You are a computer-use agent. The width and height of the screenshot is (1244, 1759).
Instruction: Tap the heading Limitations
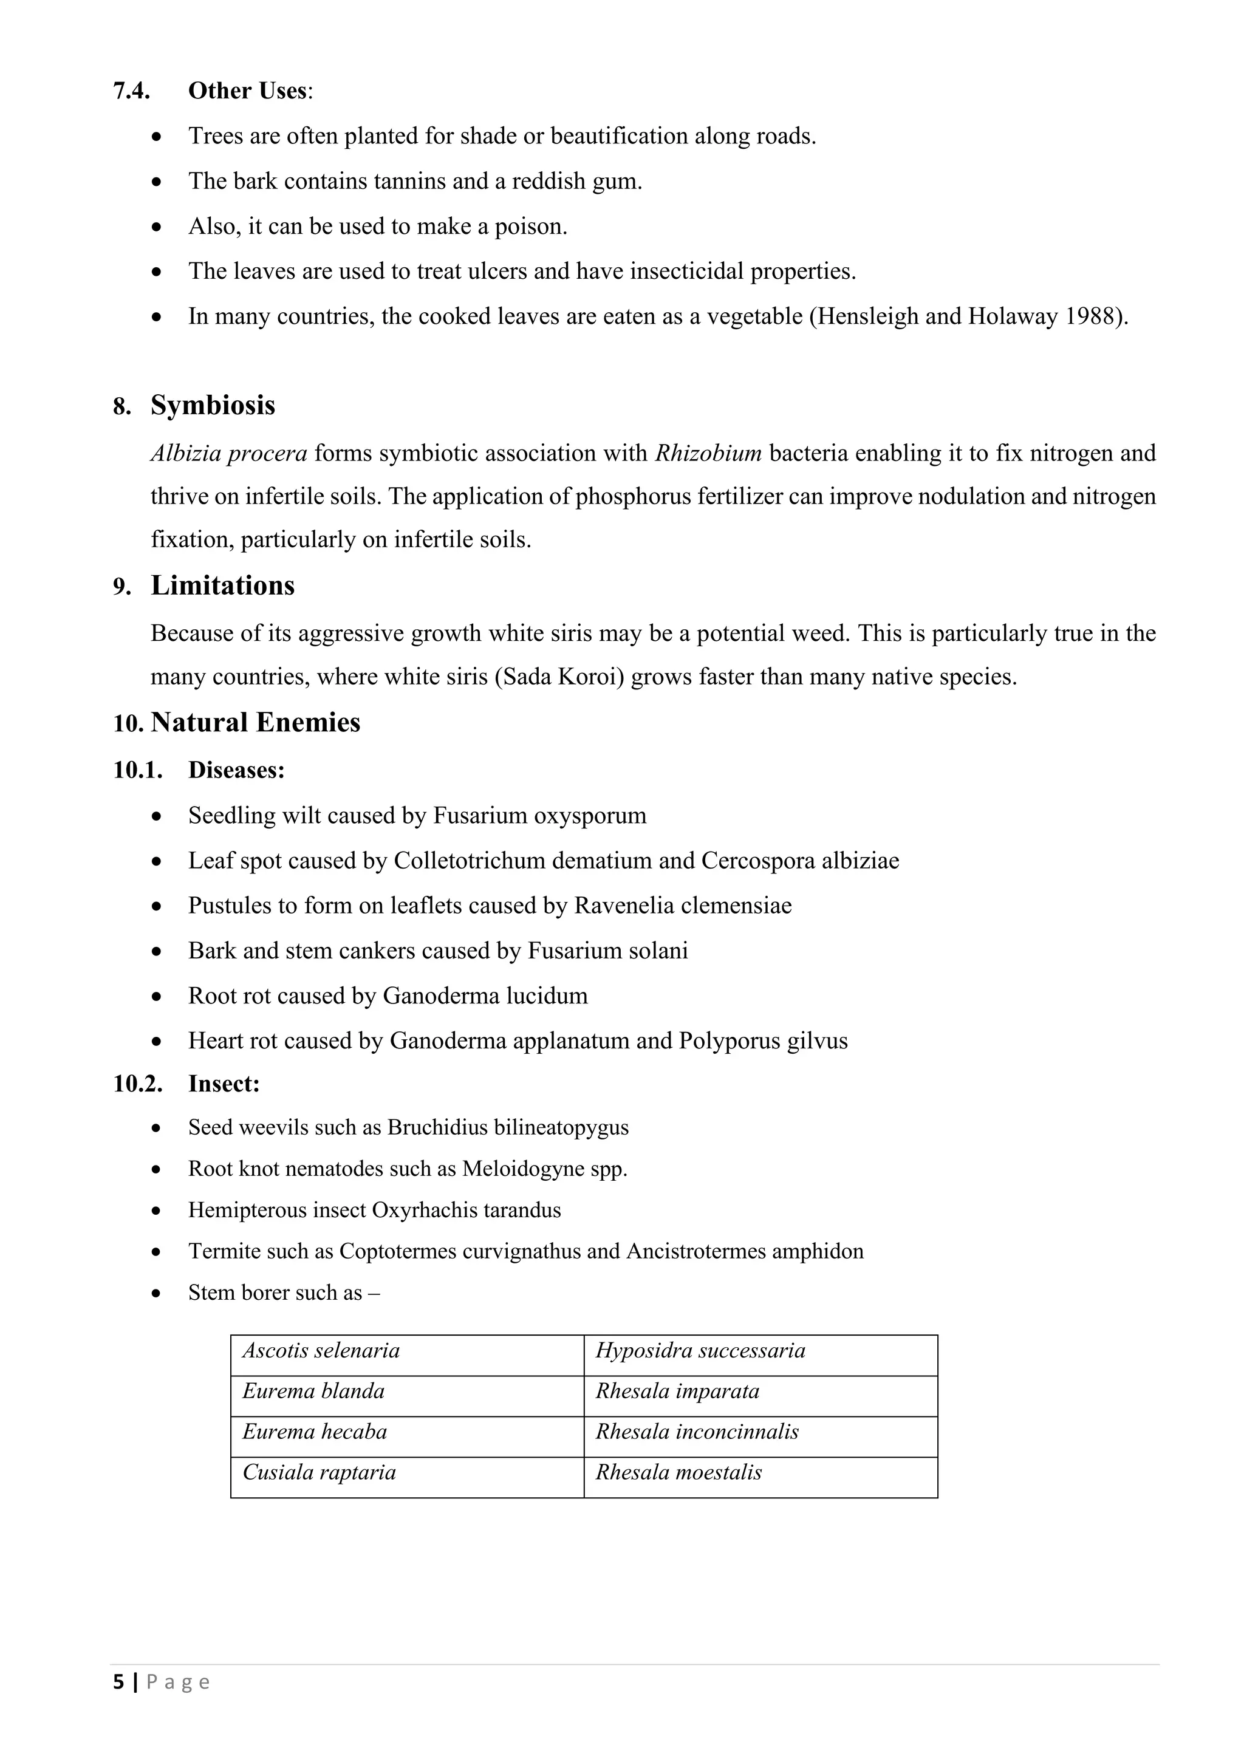222,586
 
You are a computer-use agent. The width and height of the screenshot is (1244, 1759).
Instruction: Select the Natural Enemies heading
255,722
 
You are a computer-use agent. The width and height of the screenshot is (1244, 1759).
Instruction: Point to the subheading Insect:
224,1084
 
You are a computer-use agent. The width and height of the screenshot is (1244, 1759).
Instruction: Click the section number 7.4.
131,91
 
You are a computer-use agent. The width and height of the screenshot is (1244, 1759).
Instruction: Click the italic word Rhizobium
708,454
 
